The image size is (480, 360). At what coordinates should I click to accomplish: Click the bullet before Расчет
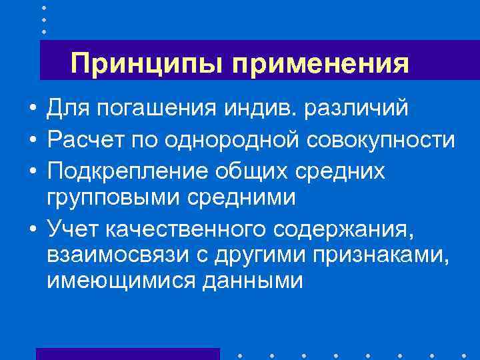tap(31, 141)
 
